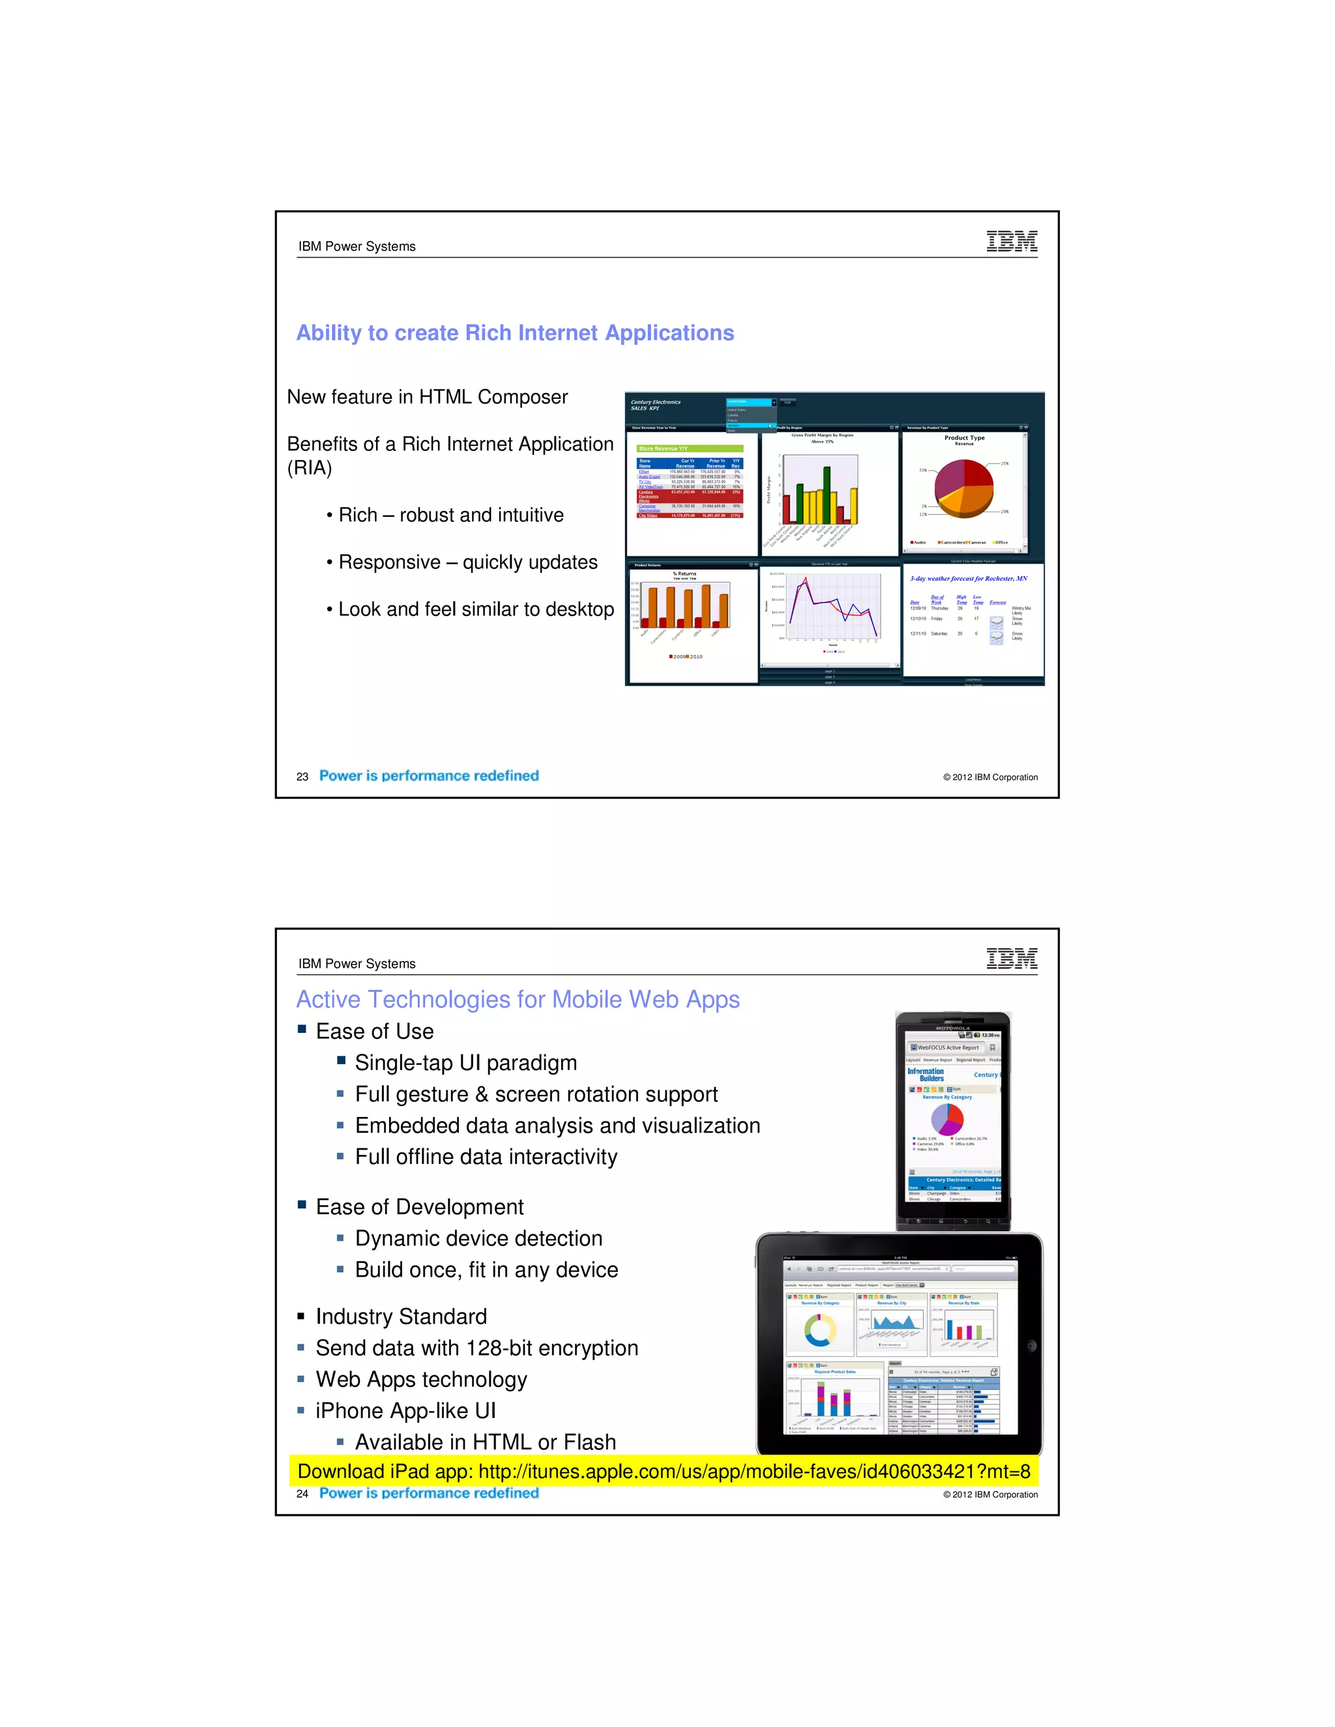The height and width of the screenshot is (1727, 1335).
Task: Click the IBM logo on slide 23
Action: pyautogui.click(x=1012, y=241)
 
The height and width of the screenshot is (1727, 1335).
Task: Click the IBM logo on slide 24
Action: pyautogui.click(x=1012, y=959)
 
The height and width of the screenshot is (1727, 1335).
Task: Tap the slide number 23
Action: pyautogui.click(x=302, y=777)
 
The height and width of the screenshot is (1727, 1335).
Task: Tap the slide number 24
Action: pyautogui.click(x=302, y=1494)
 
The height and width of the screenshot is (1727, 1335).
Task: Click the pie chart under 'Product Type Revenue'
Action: pyautogui.click(x=963, y=488)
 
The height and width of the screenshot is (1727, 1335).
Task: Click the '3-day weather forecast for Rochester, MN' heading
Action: pyautogui.click(x=968, y=579)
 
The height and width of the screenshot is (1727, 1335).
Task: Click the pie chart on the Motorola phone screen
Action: pyautogui.click(x=946, y=1119)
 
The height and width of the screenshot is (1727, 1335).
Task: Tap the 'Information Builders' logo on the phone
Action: pyautogui.click(x=926, y=1075)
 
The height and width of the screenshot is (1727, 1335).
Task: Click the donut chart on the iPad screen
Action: pyautogui.click(x=819, y=1330)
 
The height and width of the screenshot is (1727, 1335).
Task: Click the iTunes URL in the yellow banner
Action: pyautogui.click(x=754, y=1472)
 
